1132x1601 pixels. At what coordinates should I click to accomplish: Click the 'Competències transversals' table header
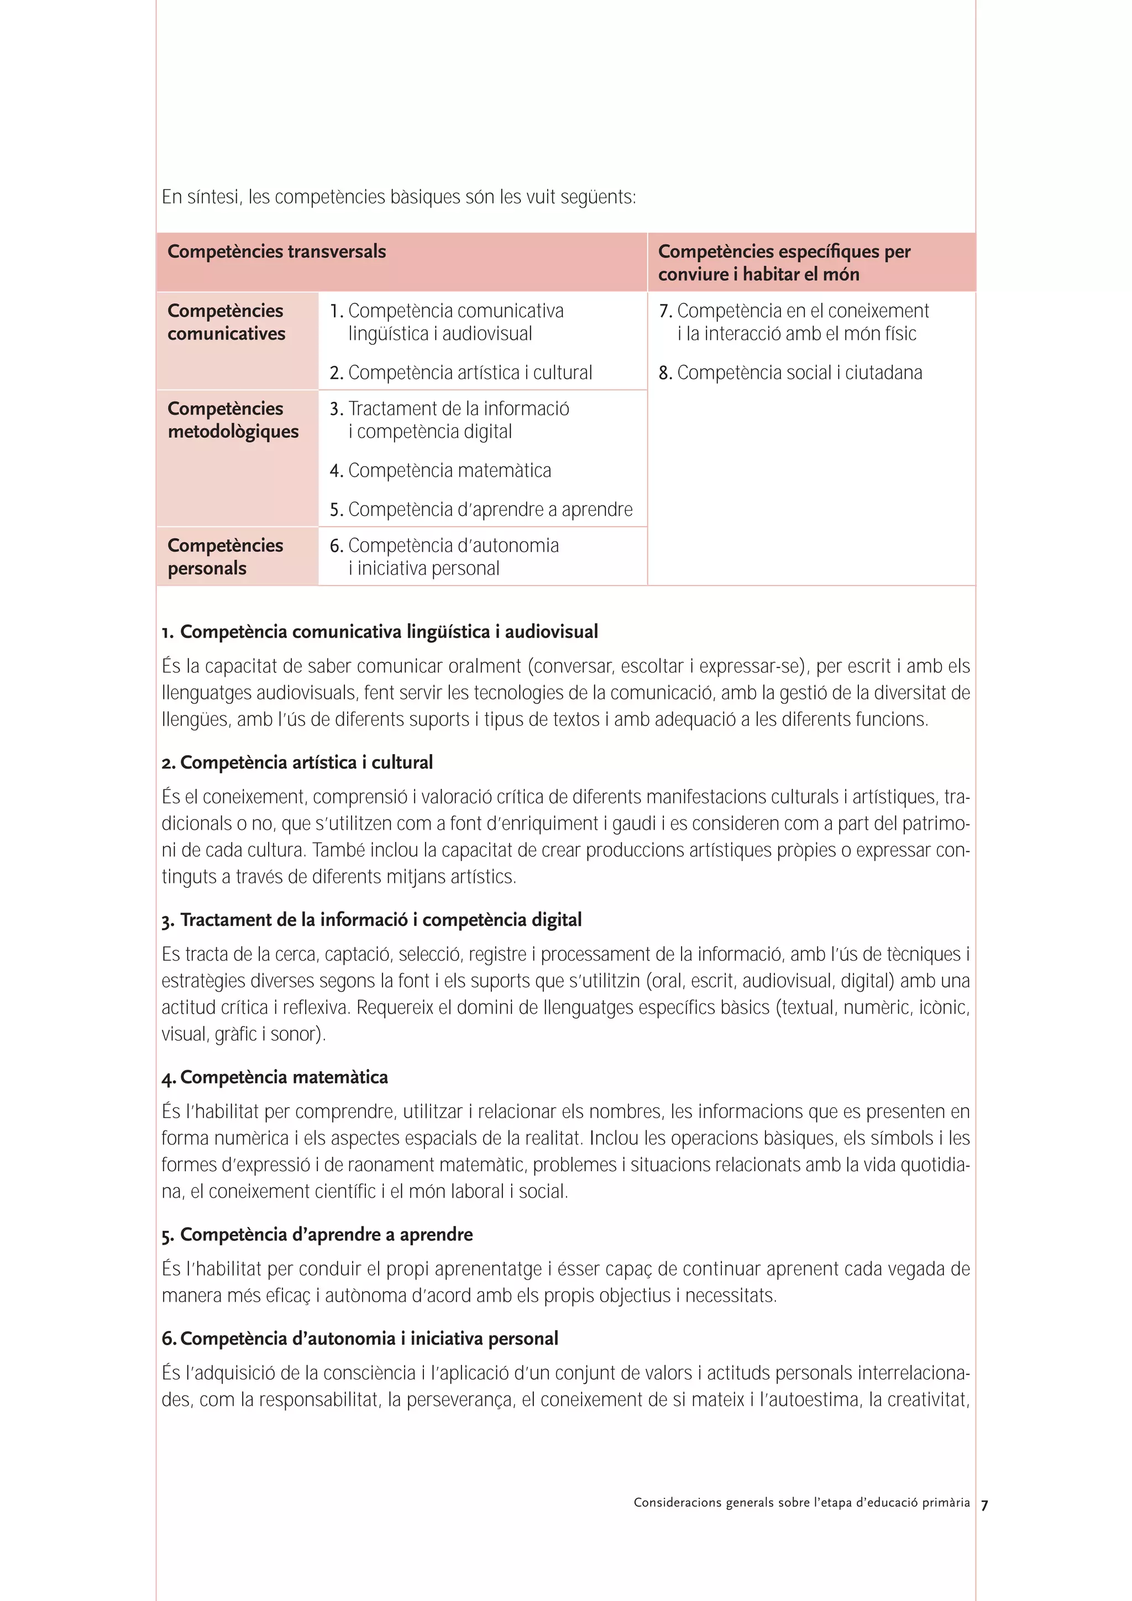[x=276, y=252]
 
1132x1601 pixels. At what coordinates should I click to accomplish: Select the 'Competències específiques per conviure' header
[x=783, y=262]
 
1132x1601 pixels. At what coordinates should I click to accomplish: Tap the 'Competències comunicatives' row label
[x=226, y=322]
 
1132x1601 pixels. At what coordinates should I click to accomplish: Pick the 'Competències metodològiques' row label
[x=232, y=420]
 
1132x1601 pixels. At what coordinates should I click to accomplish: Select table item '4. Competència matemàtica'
[x=440, y=471]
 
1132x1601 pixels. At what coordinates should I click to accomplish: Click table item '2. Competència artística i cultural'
[x=460, y=373]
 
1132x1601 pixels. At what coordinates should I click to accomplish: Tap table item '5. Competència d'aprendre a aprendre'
[x=480, y=510]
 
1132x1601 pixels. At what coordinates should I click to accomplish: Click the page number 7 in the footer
[x=984, y=1505]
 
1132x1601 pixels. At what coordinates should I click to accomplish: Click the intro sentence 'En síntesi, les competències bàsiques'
[x=399, y=197]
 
